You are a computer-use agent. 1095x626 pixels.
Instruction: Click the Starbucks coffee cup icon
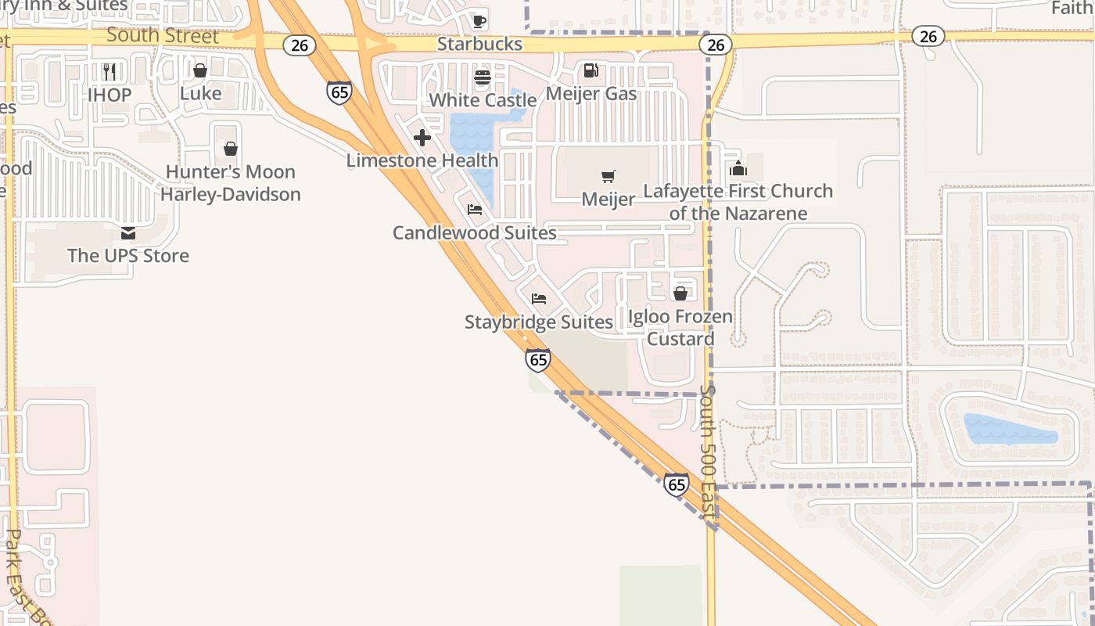coord(479,20)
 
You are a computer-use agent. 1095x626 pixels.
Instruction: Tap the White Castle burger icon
coord(482,77)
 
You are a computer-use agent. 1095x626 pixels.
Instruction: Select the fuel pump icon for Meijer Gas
coord(591,70)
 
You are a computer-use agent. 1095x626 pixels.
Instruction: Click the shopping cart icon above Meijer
coord(609,176)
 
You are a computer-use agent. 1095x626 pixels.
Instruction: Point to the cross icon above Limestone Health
coord(422,138)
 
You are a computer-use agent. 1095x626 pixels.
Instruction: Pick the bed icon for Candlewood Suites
coord(475,210)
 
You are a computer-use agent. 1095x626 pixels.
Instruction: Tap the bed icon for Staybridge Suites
coord(539,299)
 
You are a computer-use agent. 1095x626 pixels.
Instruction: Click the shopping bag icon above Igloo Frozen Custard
coord(680,293)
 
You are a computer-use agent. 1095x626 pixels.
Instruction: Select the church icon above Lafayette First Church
coord(738,167)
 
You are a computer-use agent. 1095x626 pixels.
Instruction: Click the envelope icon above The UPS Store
coord(128,233)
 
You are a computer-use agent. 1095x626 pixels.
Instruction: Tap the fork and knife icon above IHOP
coord(109,72)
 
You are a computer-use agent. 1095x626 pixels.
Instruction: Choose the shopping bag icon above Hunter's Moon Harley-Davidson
coord(231,149)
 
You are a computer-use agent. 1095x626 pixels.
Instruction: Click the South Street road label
coord(163,35)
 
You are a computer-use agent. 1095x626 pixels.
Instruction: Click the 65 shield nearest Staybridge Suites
coord(538,359)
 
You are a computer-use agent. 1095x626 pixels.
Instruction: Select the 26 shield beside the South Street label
coord(300,45)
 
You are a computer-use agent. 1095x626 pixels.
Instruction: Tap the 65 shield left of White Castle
coord(339,92)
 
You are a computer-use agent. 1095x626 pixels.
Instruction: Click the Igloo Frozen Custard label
coord(680,328)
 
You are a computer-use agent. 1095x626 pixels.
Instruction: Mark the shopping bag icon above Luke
coord(200,70)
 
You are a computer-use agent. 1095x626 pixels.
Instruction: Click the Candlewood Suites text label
coord(475,232)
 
